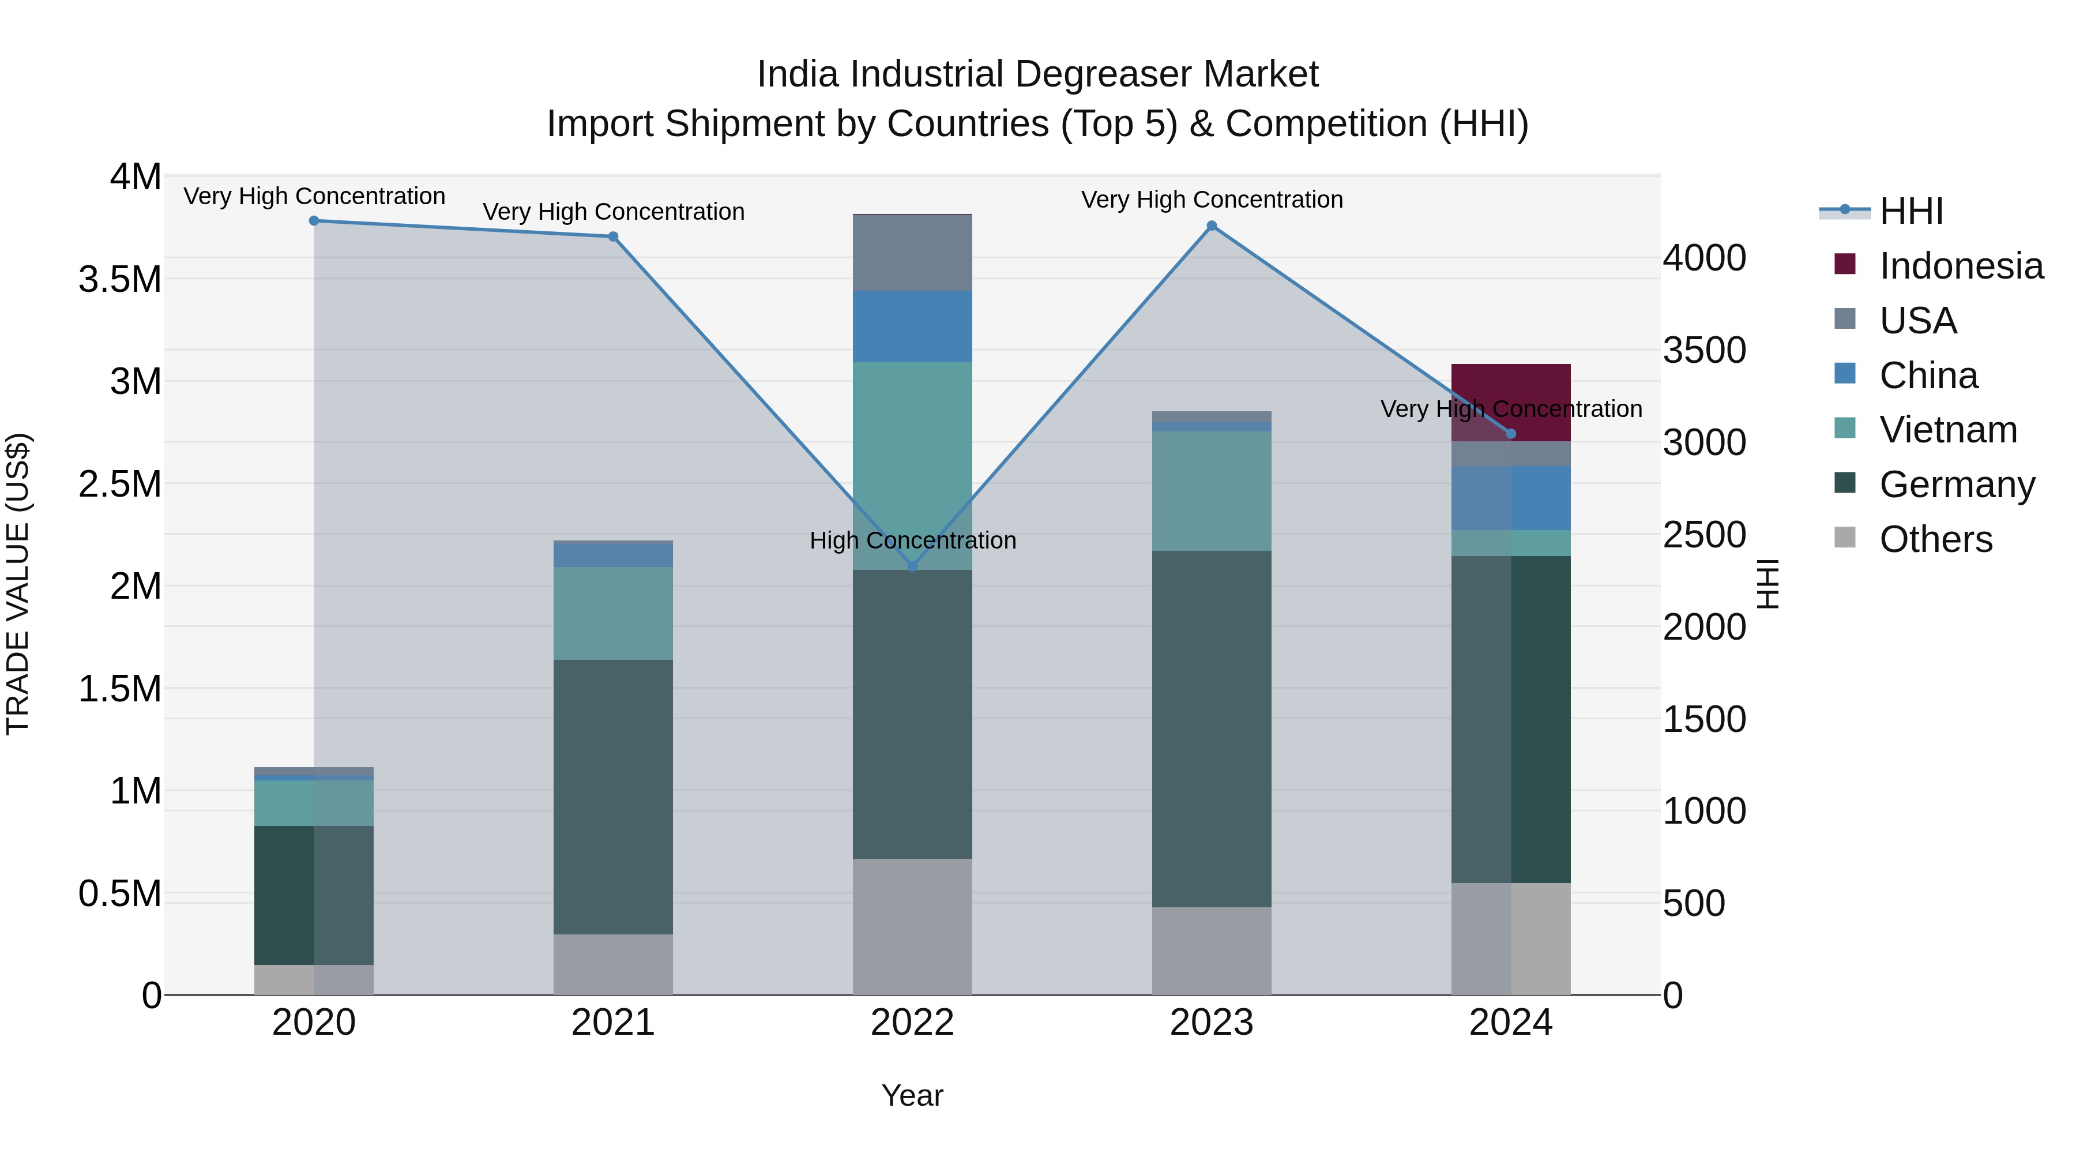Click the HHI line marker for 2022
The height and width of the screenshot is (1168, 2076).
tap(912, 566)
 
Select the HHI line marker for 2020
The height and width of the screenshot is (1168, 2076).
tap(314, 221)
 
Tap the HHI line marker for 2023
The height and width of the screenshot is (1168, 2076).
tap(1211, 227)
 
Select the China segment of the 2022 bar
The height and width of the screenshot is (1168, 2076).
tap(912, 326)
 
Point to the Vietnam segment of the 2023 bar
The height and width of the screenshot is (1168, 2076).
tap(1211, 491)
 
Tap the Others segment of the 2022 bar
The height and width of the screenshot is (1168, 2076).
tap(912, 926)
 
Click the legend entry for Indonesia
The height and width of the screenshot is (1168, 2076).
tap(1960, 266)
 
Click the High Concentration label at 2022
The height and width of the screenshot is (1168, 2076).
tap(912, 540)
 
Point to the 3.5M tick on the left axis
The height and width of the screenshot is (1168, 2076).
tap(119, 280)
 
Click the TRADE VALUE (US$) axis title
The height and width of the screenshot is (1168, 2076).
tap(18, 584)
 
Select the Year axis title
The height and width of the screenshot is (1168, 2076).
tap(912, 1095)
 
